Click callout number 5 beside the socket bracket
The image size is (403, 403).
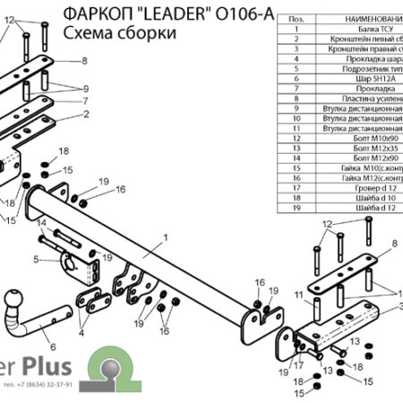click(x=37, y=260)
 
